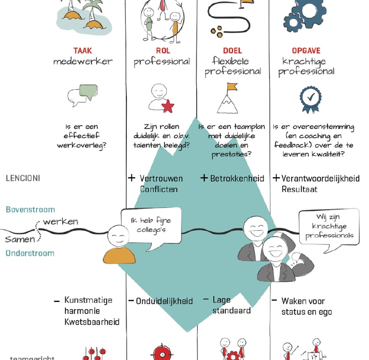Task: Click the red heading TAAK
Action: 83,50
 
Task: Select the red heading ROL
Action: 163,50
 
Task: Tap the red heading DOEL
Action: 232,50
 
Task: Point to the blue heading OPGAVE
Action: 306,50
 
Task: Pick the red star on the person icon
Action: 168,106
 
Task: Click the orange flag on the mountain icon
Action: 232,87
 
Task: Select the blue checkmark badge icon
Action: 310,98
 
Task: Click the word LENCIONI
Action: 23,178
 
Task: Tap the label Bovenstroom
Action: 30,209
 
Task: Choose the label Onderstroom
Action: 30,253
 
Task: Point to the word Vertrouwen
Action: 161,179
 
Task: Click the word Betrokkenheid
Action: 237,179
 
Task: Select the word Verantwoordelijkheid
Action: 320,179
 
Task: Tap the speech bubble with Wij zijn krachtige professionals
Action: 329,227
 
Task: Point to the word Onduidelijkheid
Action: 164,301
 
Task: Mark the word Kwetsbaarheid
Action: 92,322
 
